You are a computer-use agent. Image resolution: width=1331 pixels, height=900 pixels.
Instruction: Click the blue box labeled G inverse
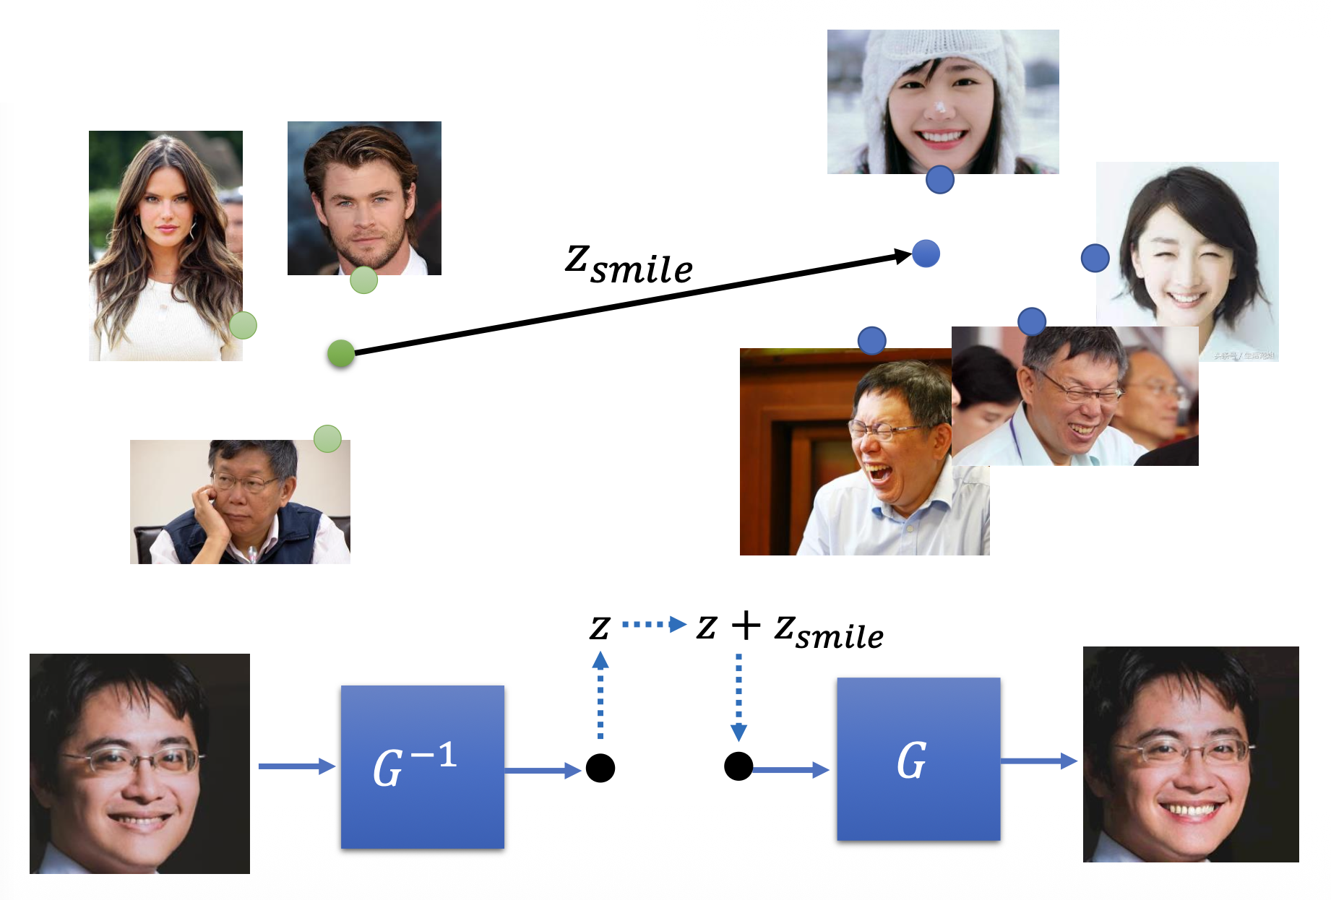(x=422, y=766)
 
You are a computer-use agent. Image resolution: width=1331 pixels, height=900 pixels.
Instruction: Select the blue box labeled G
(x=918, y=759)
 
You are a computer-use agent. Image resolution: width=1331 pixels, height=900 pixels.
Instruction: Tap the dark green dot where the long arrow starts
(x=341, y=353)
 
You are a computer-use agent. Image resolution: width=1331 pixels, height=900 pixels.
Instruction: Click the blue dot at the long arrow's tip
(x=926, y=254)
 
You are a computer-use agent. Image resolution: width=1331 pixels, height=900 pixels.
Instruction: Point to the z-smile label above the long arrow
(x=629, y=264)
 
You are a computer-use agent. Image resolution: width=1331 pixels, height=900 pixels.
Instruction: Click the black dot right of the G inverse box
(x=600, y=767)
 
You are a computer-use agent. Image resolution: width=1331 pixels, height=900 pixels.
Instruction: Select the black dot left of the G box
(x=738, y=766)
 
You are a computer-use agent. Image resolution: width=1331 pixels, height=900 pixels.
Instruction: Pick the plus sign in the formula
(x=746, y=626)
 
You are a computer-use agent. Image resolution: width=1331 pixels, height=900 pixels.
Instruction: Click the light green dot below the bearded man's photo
(x=363, y=280)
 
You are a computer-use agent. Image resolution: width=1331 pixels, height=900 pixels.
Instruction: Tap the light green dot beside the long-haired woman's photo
(x=244, y=325)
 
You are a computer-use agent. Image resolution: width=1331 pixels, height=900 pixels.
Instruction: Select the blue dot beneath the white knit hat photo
(x=939, y=179)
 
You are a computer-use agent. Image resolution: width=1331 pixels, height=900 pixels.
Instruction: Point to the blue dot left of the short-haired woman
(x=1095, y=258)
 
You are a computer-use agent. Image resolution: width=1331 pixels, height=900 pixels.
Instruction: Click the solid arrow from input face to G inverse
(x=296, y=766)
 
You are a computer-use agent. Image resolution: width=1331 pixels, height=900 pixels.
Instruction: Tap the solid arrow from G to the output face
(x=1039, y=760)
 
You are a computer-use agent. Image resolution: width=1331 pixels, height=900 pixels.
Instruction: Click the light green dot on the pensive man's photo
(x=327, y=438)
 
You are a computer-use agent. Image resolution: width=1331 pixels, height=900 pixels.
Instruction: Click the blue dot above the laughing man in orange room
(x=871, y=340)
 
